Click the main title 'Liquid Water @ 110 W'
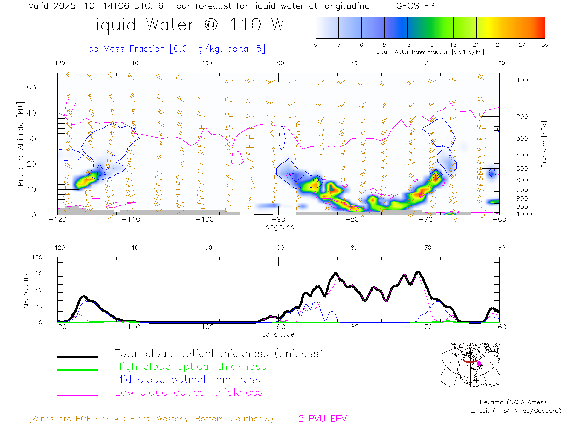coord(185,24)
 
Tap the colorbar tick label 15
coord(430,45)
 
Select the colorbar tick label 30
coord(545,45)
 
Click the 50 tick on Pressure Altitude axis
coord(31,88)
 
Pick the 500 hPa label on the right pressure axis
coord(522,168)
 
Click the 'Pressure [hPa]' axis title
coord(544,144)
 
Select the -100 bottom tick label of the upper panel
coord(205,219)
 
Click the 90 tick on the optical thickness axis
coord(39,274)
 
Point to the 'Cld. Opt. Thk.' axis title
coord(26,290)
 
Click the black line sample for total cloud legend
coord(77,357)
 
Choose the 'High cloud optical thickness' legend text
coord(190,366)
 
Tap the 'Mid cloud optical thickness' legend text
coord(187,380)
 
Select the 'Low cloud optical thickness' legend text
coord(189,392)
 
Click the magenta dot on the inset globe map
coord(479,363)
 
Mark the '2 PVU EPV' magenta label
coord(322,419)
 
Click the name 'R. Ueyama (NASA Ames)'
coord(508,402)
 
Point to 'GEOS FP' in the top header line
coord(415,6)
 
